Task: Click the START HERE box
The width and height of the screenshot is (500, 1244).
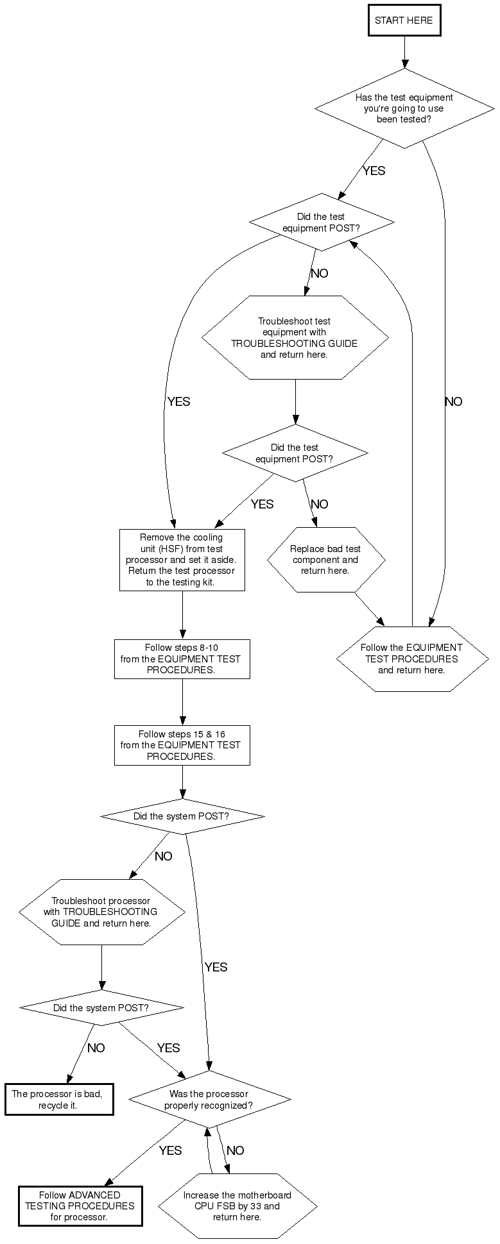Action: click(x=404, y=21)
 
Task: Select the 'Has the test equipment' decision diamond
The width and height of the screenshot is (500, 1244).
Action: click(x=404, y=108)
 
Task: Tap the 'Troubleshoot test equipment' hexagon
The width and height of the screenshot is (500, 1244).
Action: click(x=295, y=337)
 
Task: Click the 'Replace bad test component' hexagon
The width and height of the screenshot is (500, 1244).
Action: click(x=326, y=560)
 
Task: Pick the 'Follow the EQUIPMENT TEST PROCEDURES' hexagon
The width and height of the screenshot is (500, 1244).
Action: click(x=411, y=659)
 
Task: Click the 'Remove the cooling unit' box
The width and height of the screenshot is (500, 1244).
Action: click(x=182, y=560)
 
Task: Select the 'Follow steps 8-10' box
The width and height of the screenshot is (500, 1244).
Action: click(x=182, y=659)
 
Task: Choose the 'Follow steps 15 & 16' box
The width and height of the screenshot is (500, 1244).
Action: click(x=182, y=745)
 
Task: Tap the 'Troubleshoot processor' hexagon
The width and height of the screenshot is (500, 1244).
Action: click(x=101, y=912)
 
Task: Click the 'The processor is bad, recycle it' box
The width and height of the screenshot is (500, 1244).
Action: click(x=58, y=1099)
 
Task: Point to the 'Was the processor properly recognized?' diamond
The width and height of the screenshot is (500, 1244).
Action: click(x=209, y=1099)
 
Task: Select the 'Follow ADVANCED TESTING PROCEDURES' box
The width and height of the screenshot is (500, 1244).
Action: click(x=80, y=1206)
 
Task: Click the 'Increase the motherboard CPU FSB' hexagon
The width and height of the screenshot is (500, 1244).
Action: click(x=237, y=1206)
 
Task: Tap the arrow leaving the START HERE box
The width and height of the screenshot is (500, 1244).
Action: click(x=404, y=52)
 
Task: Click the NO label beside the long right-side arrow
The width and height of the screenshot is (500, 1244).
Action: click(x=453, y=402)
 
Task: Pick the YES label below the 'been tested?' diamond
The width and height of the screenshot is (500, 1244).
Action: click(x=374, y=171)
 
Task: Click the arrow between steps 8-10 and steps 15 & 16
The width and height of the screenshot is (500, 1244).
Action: click(x=182, y=702)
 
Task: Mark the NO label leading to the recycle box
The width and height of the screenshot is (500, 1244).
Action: click(x=96, y=1048)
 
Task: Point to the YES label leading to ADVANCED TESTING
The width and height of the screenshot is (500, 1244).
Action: click(x=170, y=1151)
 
